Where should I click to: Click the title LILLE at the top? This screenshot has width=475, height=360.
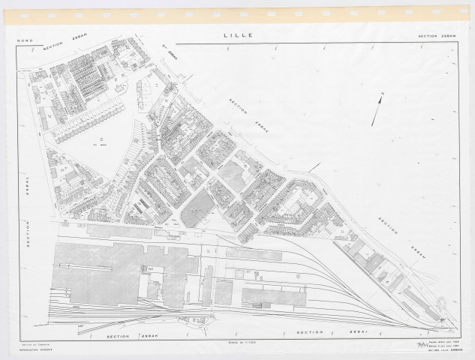(238, 35)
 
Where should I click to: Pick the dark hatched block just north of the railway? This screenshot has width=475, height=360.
(199, 207)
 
